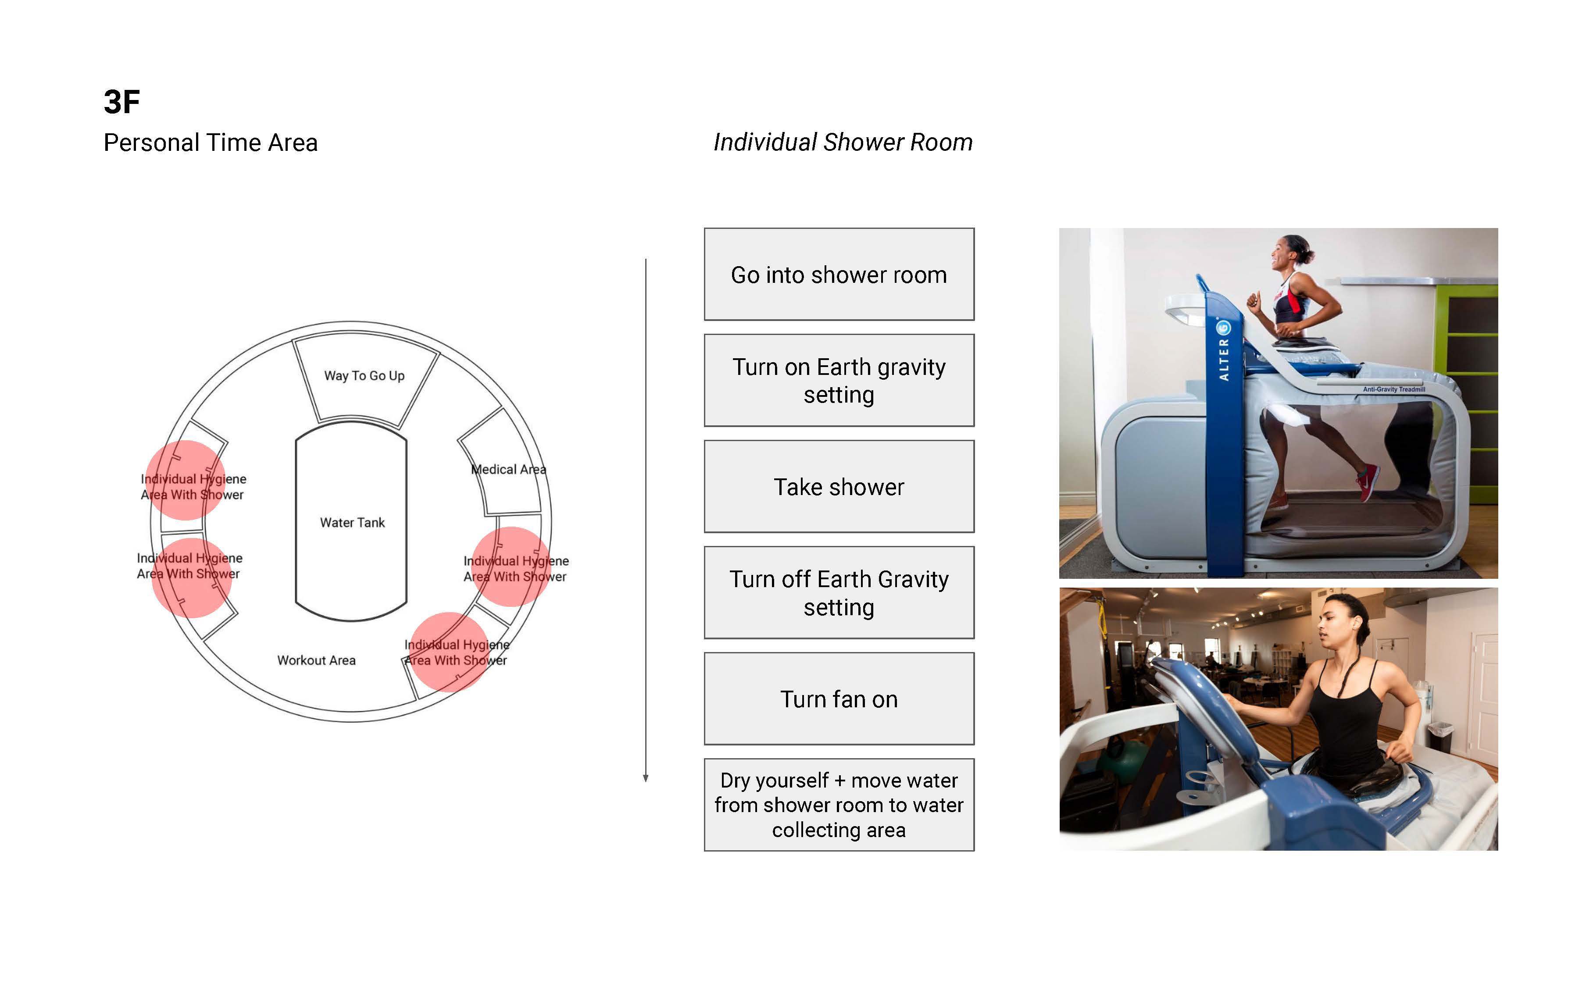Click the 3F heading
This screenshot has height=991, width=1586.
pyautogui.click(x=122, y=102)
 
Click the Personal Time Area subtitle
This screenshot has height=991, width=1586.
pyautogui.click(x=211, y=143)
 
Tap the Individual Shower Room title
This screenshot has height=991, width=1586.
pyautogui.click(x=843, y=142)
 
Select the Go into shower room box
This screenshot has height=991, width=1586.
pyautogui.click(x=839, y=274)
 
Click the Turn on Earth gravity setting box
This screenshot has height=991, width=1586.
pyautogui.click(x=839, y=381)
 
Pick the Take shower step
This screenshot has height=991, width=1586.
pyautogui.click(x=839, y=487)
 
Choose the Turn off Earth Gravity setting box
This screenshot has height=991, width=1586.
pyautogui.click(x=839, y=593)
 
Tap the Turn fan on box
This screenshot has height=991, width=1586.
pyautogui.click(x=839, y=699)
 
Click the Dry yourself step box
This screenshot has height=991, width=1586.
pyautogui.click(x=839, y=805)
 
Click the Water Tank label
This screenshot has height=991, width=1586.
pyautogui.click(x=352, y=522)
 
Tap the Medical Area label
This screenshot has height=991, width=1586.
pyautogui.click(x=509, y=469)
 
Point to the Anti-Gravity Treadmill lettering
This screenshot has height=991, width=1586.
pyautogui.click(x=1394, y=389)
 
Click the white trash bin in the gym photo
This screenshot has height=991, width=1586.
pyautogui.click(x=1440, y=735)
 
